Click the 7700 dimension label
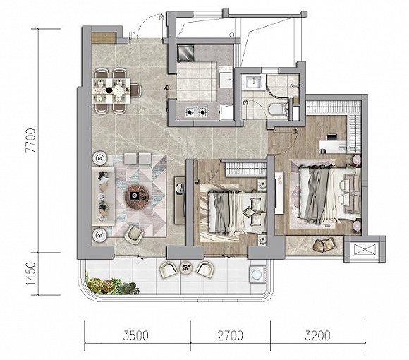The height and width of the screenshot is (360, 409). coord(31,140)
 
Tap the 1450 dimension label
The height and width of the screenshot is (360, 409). coord(30,274)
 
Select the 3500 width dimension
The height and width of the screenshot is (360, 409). coord(136,335)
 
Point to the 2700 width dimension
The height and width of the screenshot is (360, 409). coord(231,335)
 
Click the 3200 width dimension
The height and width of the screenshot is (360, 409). coord(317,335)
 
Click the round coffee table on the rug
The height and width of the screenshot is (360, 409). coord(137,196)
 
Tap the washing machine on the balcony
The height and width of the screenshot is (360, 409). coord(257,275)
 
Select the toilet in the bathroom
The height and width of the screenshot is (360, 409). coord(278,109)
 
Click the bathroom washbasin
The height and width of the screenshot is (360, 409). coord(253,81)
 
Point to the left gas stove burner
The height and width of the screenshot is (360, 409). coord(190,112)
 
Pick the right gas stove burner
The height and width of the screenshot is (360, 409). coord(202,112)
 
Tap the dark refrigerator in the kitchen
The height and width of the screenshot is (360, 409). coord(185,53)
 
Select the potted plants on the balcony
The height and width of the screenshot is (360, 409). coord(112,286)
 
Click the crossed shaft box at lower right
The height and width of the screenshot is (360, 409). coord(364,250)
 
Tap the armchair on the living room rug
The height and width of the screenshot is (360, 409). coord(134,234)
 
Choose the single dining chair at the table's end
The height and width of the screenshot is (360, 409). coord(136,90)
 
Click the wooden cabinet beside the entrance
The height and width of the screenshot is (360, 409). coord(104,38)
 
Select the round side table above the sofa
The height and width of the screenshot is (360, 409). coord(100,158)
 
